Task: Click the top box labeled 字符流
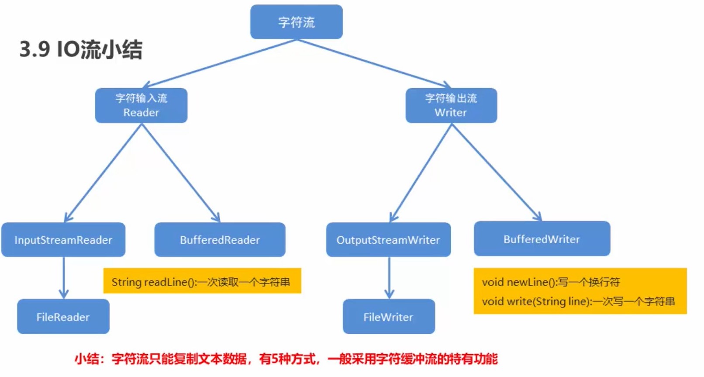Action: click(x=296, y=22)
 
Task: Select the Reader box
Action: click(x=141, y=106)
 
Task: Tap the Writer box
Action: click(x=451, y=106)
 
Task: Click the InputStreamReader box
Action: click(x=63, y=240)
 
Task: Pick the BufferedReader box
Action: click(x=220, y=240)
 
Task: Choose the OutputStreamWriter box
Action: click(x=388, y=240)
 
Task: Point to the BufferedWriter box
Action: click(x=542, y=239)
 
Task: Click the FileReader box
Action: click(x=63, y=317)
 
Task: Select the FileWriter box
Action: click(x=388, y=317)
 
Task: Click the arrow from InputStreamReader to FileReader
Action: click(x=64, y=277)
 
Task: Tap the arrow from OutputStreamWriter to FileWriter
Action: click(x=389, y=277)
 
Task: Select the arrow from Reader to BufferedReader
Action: click(x=180, y=173)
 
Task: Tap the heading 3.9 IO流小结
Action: click(x=81, y=49)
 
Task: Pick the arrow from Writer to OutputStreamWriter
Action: click(x=420, y=173)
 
